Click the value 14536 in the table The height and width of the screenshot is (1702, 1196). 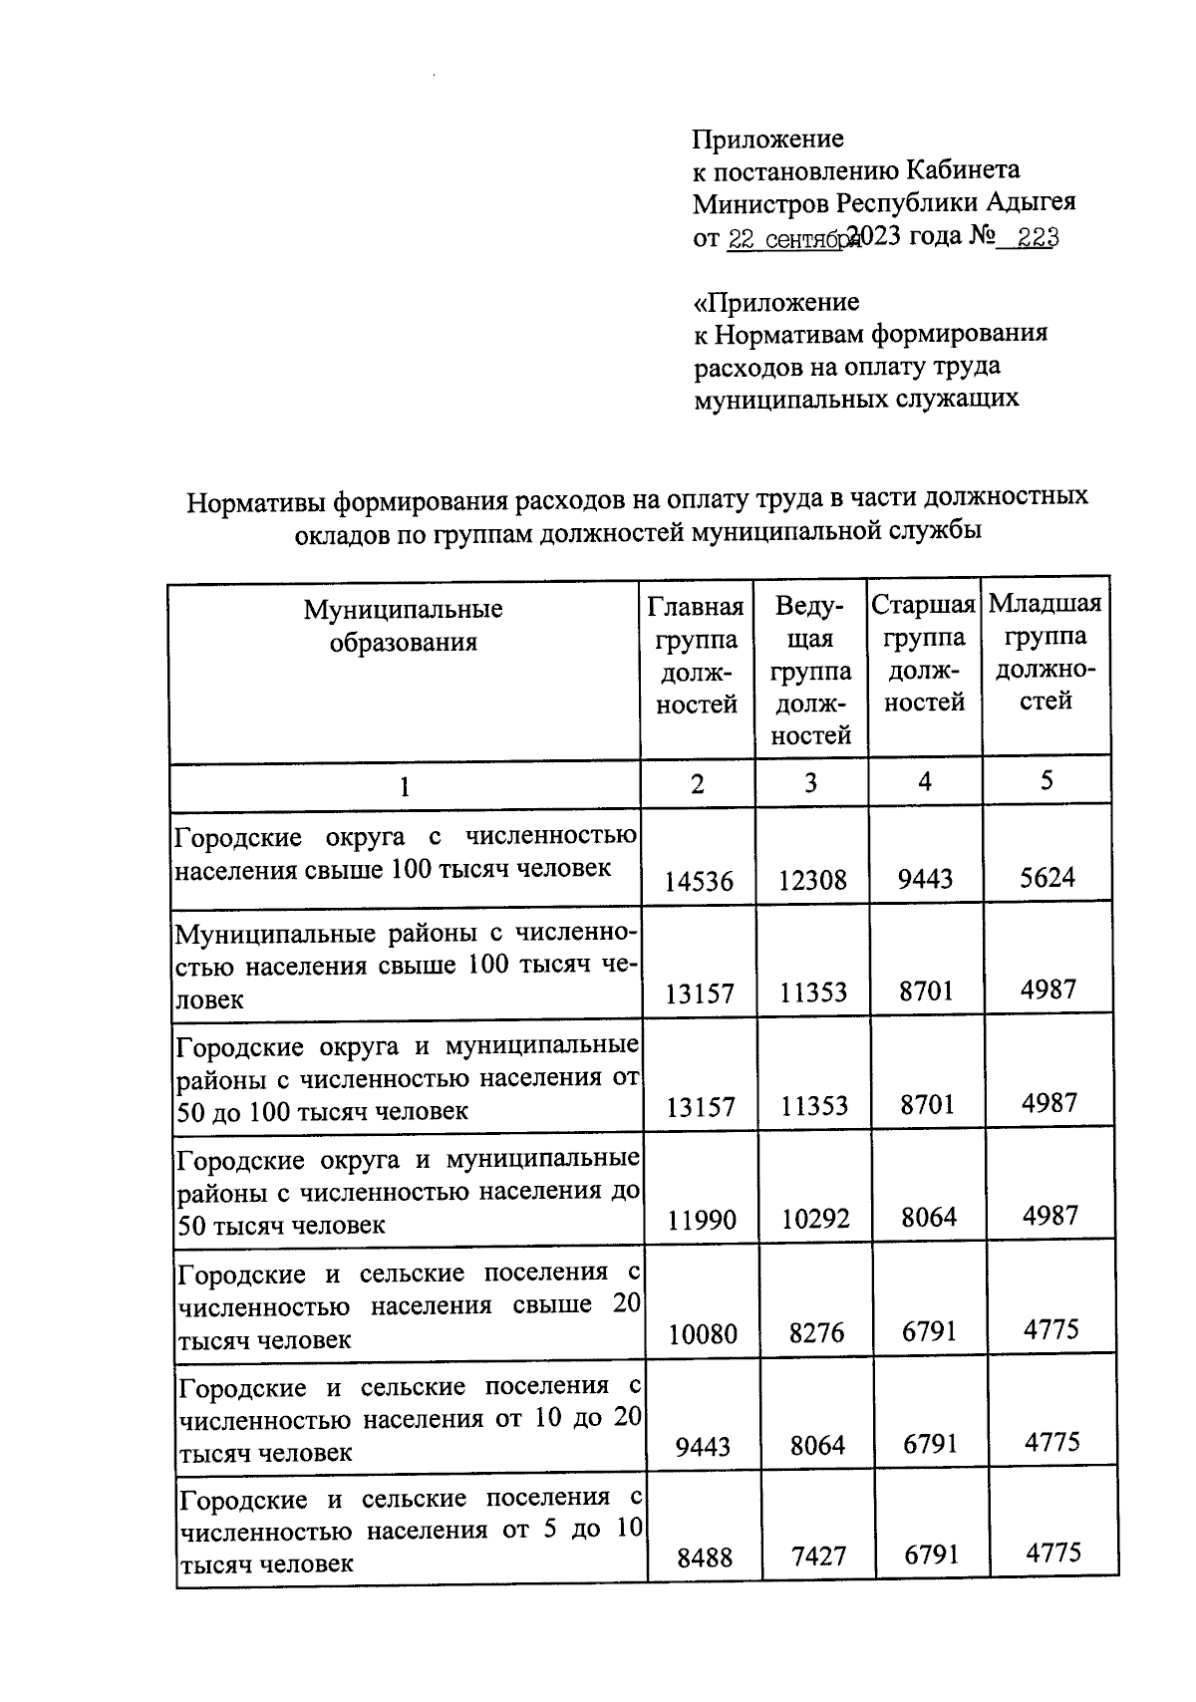[699, 881]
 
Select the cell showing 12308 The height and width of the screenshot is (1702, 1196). [813, 880]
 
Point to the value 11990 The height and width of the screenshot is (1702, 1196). [702, 1219]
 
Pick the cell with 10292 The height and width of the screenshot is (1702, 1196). [815, 1218]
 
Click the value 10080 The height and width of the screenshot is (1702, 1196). [703, 1333]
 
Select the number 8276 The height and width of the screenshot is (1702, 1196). [816, 1332]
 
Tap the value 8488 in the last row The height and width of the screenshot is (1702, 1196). [705, 1558]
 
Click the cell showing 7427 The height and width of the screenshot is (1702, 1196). [818, 1557]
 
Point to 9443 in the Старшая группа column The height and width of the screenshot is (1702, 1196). [926, 879]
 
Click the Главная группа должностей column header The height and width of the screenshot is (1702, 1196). [697, 656]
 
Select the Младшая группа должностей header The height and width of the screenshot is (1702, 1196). [1046, 653]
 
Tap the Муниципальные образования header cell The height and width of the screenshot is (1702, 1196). [404, 626]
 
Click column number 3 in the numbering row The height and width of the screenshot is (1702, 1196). [810, 783]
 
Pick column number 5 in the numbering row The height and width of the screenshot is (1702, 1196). [1046, 780]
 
